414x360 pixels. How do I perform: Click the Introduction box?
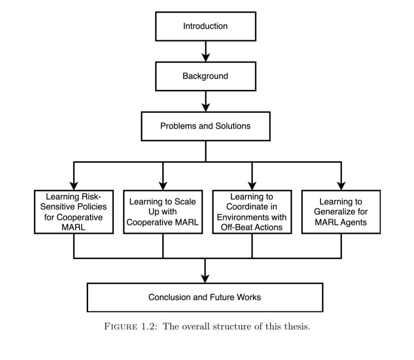[206, 26]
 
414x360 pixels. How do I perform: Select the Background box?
[206, 76]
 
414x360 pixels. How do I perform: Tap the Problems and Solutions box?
[206, 126]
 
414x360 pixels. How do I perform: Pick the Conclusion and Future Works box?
[205, 297]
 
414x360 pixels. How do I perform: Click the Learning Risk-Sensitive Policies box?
[74, 212]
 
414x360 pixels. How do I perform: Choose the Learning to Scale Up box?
[163, 212]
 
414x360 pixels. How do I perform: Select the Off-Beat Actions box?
[252, 212]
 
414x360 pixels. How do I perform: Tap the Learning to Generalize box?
[341, 212]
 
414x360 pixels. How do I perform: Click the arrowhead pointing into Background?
[206, 57]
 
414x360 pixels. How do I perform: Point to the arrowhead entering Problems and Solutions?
[206, 107]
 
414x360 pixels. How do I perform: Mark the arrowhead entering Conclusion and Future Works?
[205, 279]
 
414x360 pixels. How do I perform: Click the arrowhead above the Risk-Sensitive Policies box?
[74, 186]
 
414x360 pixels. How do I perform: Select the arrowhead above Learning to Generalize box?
[341, 186]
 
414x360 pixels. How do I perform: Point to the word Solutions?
[233, 126]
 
